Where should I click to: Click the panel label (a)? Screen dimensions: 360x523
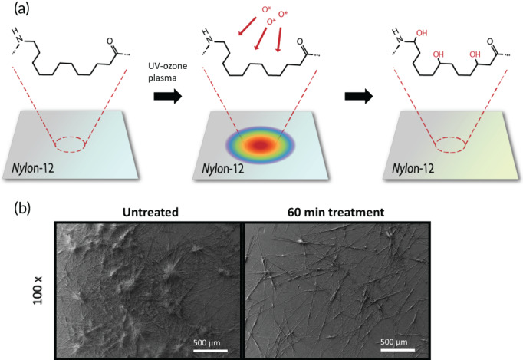(12, 11)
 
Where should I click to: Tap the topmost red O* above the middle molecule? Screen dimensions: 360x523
(268, 10)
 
